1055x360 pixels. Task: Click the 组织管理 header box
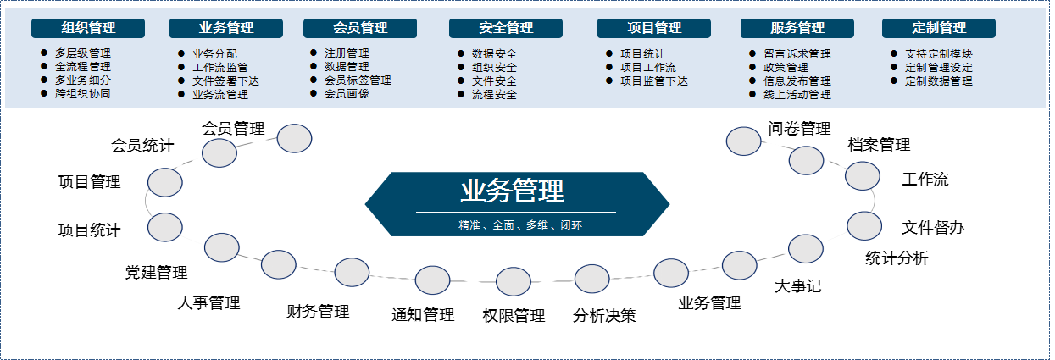(88, 28)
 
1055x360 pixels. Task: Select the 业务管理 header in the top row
(225, 28)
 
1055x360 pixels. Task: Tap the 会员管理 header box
(360, 28)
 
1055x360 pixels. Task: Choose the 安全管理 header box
(506, 28)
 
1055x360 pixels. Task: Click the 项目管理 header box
(654, 28)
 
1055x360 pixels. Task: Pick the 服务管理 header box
(797, 28)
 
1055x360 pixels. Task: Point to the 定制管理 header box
(939, 28)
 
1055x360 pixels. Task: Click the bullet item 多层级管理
(82, 53)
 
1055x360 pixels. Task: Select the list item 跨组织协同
(82, 93)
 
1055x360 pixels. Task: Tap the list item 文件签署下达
(225, 80)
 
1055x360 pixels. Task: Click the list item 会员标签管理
(358, 80)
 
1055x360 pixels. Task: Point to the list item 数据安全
(494, 53)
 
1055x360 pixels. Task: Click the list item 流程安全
(494, 94)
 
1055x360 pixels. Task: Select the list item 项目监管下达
(653, 80)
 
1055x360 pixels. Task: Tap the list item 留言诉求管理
(797, 53)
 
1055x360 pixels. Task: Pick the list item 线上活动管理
(797, 94)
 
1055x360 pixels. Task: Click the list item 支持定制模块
(938, 53)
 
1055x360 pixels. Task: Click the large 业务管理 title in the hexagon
(513, 191)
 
